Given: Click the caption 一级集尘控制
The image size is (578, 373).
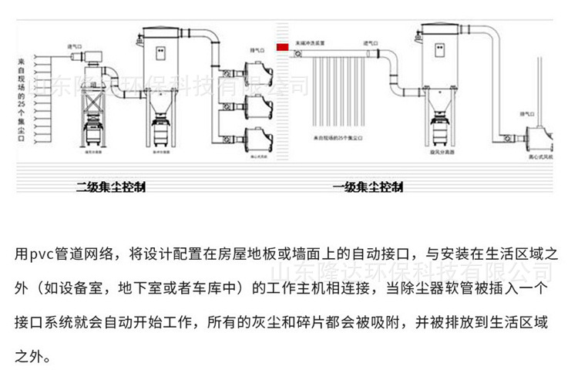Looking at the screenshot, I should pos(368,187).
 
